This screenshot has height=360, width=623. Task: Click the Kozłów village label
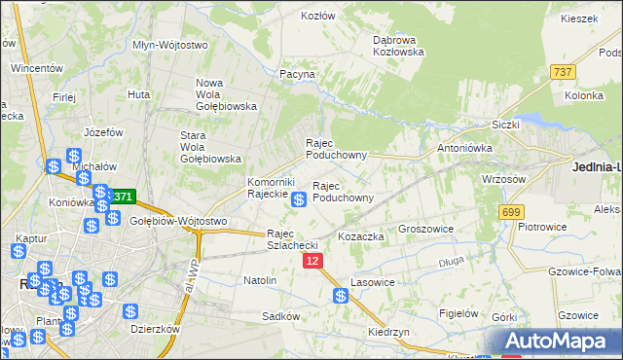click(318, 16)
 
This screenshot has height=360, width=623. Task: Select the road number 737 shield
click(562, 72)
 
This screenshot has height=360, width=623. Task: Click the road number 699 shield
click(511, 211)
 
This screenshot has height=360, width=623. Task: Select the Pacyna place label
click(297, 74)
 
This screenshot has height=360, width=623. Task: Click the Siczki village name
click(506, 125)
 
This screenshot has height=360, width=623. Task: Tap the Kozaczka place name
click(361, 236)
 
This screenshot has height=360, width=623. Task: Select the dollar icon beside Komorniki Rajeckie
click(300, 199)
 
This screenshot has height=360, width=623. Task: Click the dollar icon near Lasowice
click(342, 297)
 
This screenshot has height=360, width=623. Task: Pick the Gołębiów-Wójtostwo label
click(178, 221)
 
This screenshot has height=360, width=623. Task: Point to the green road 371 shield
click(121, 197)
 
